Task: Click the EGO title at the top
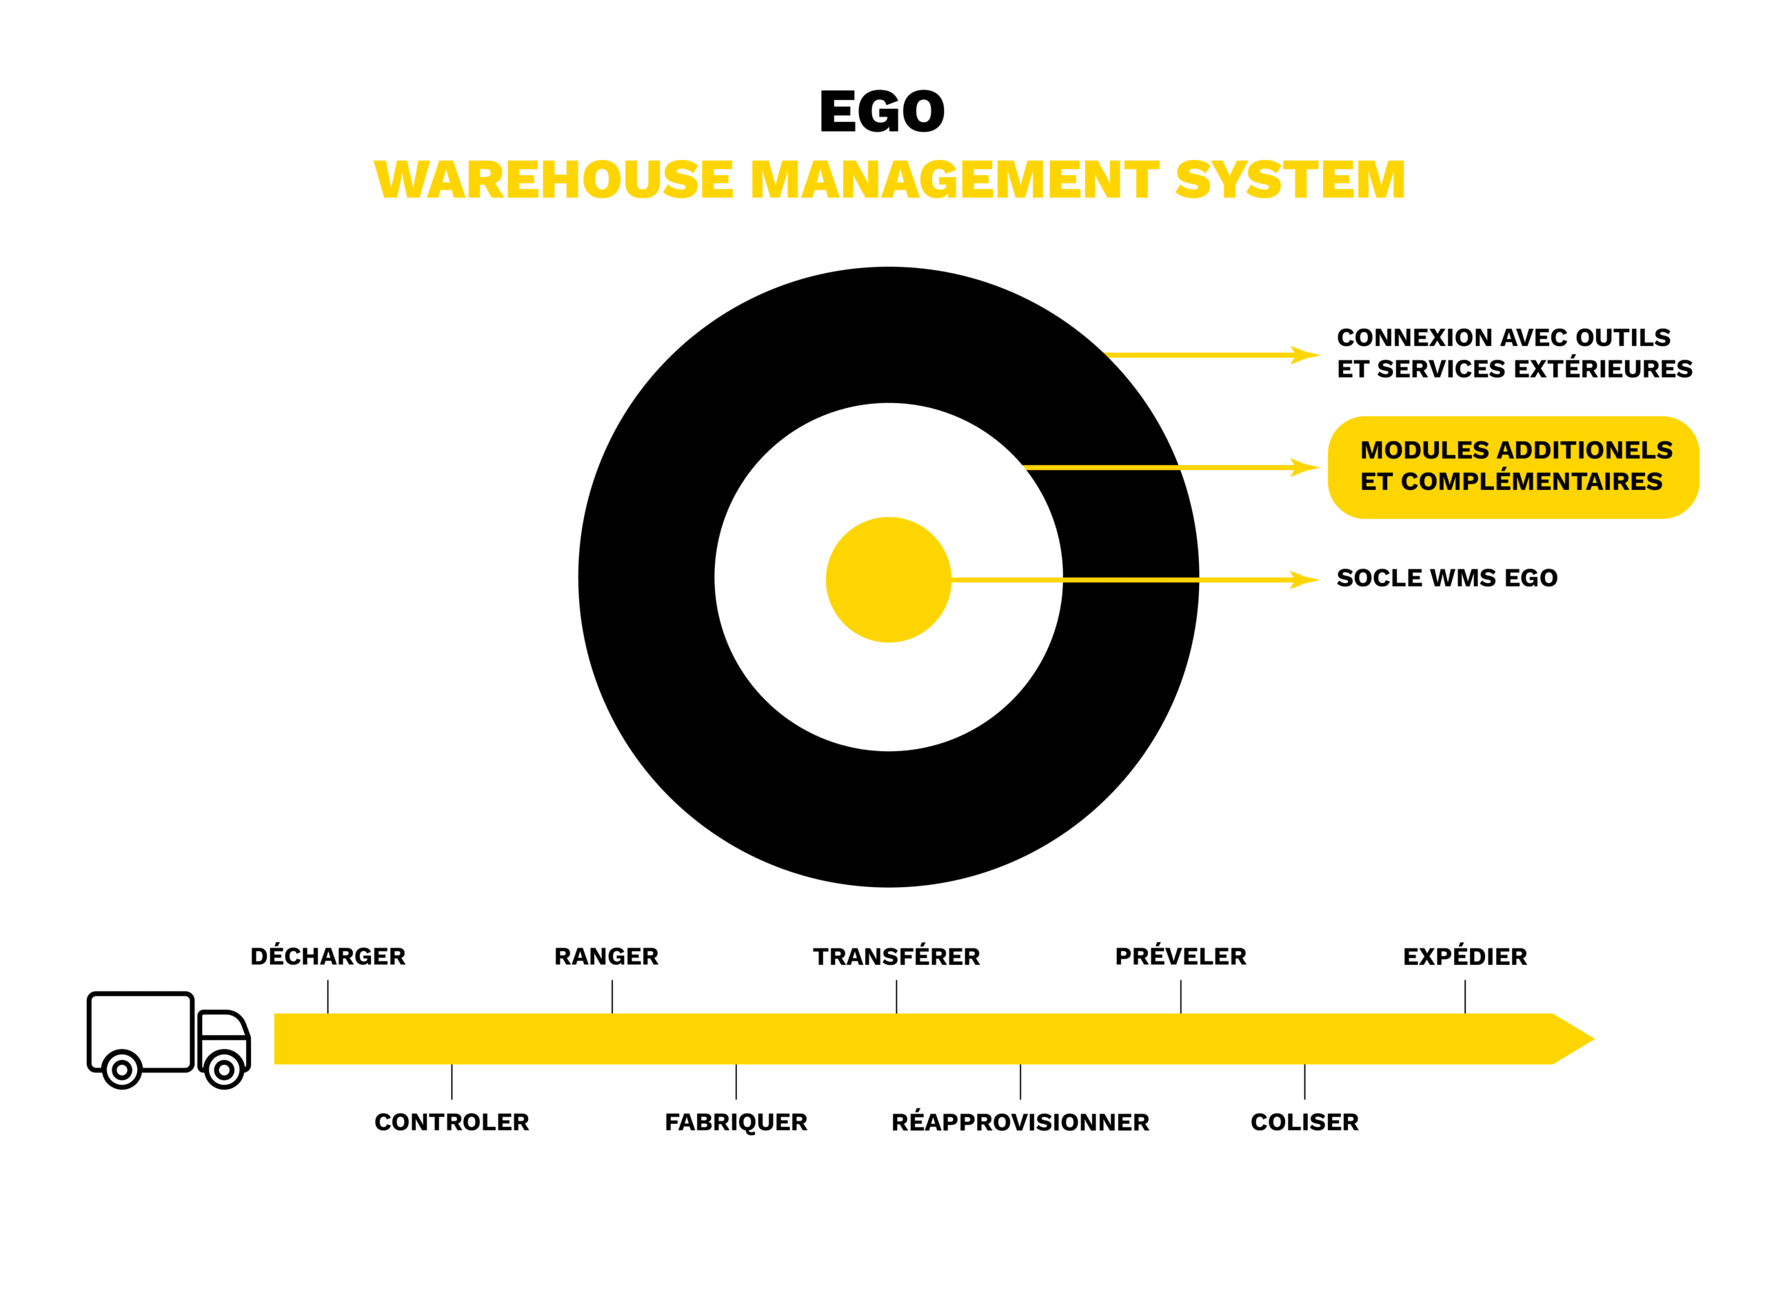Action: tap(882, 112)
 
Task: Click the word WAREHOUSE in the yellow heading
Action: tap(554, 179)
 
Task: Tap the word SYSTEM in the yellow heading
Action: tap(1290, 179)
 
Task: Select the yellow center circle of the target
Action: tap(889, 580)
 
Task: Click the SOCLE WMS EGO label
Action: tap(1446, 578)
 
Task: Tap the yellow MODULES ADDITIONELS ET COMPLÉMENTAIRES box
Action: tap(1513, 467)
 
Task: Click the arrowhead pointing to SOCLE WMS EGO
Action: tap(1304, 580)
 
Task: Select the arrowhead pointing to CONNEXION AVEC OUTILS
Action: tap(1304, 355)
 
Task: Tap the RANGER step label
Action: tap(606, 957)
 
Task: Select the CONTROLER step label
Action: tap(452, 1122)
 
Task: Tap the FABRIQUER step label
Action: tap(736, 1123)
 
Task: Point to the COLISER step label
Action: tap(1304, 1122)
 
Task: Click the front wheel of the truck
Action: tap(224, 1070)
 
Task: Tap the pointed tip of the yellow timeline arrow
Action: tap(1594, 1039)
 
